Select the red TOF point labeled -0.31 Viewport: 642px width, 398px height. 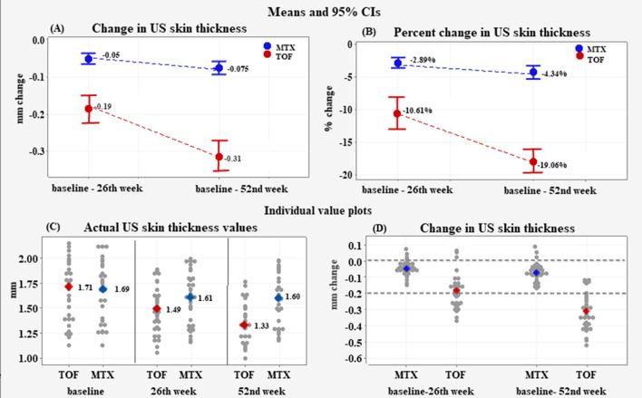(219, 157)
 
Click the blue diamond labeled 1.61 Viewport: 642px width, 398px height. (190, 297)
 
